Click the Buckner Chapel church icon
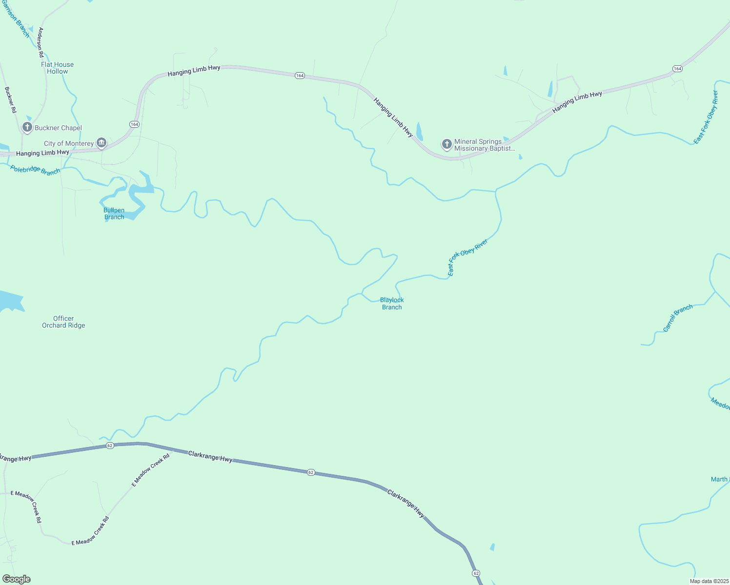(27, 128)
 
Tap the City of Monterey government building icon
(101, 143)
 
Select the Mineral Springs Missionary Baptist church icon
(446, 144)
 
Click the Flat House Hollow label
(58, 68)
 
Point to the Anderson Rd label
(41, 43)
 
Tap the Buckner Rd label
(10, 100)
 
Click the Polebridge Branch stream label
(36, 171)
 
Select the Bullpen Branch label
(114, 214)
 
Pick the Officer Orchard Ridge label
(63, 322)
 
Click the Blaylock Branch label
(392, 303)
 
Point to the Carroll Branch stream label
(678, 318)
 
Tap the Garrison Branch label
(16, 19)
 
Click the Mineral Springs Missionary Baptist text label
(485, 145)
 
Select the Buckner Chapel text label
(58, 128)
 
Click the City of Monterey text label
(69, 143)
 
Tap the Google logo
(17, 579)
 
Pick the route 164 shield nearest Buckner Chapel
(134, 124)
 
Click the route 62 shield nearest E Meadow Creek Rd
(110, 446)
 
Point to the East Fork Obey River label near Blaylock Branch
(467, 258)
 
